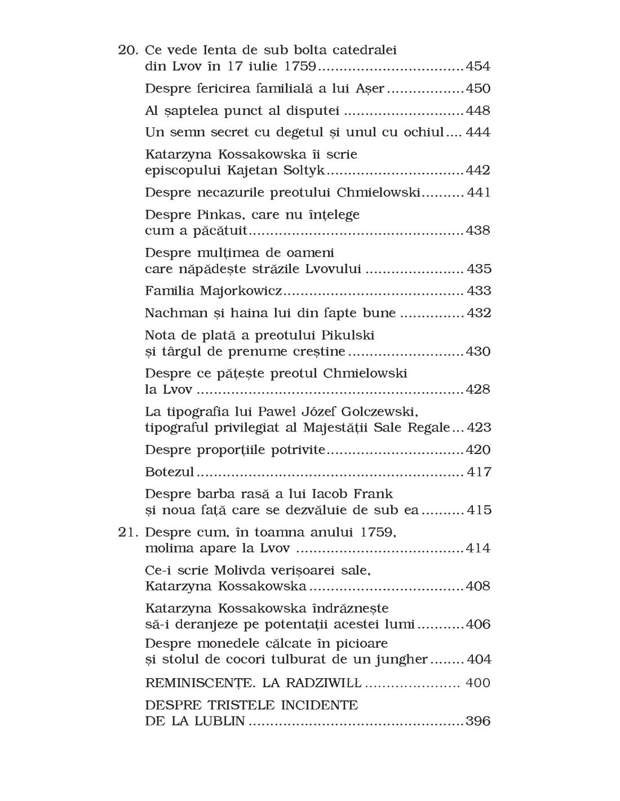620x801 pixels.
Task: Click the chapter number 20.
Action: [x=127, y=50]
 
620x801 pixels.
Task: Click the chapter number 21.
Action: [x=127, y=532]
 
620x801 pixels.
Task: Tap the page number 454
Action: [x=478, y=66]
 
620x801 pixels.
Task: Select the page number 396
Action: [x=478, y=721]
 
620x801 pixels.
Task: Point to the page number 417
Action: [x=479, y=472]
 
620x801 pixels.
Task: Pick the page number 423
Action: [x=479, y=428]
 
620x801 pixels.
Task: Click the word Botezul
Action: [x=169, y=472]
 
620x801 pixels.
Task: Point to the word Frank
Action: [x=373, y=494]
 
